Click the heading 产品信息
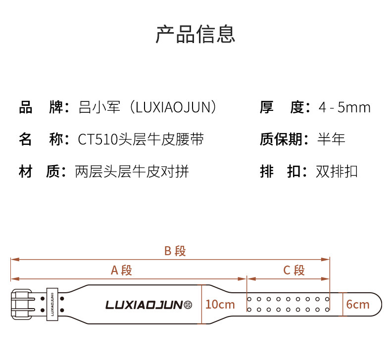pos(195,34)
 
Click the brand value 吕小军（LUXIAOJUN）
pos(148,107)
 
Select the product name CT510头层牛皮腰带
pos(141,139)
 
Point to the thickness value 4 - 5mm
pos(344,107)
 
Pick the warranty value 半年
pos(331,139)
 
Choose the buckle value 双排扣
pos(337,172)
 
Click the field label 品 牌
pos(41,107)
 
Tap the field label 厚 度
pos(282,107)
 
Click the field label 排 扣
pos(282,172)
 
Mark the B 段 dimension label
pos(175,251)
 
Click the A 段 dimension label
pos(121,270)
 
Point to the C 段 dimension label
pos(293,270)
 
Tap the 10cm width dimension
pos(220,304)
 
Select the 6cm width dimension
pos(357,304)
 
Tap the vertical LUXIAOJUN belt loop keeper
pos(52,304)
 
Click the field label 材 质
pos(41,172)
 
